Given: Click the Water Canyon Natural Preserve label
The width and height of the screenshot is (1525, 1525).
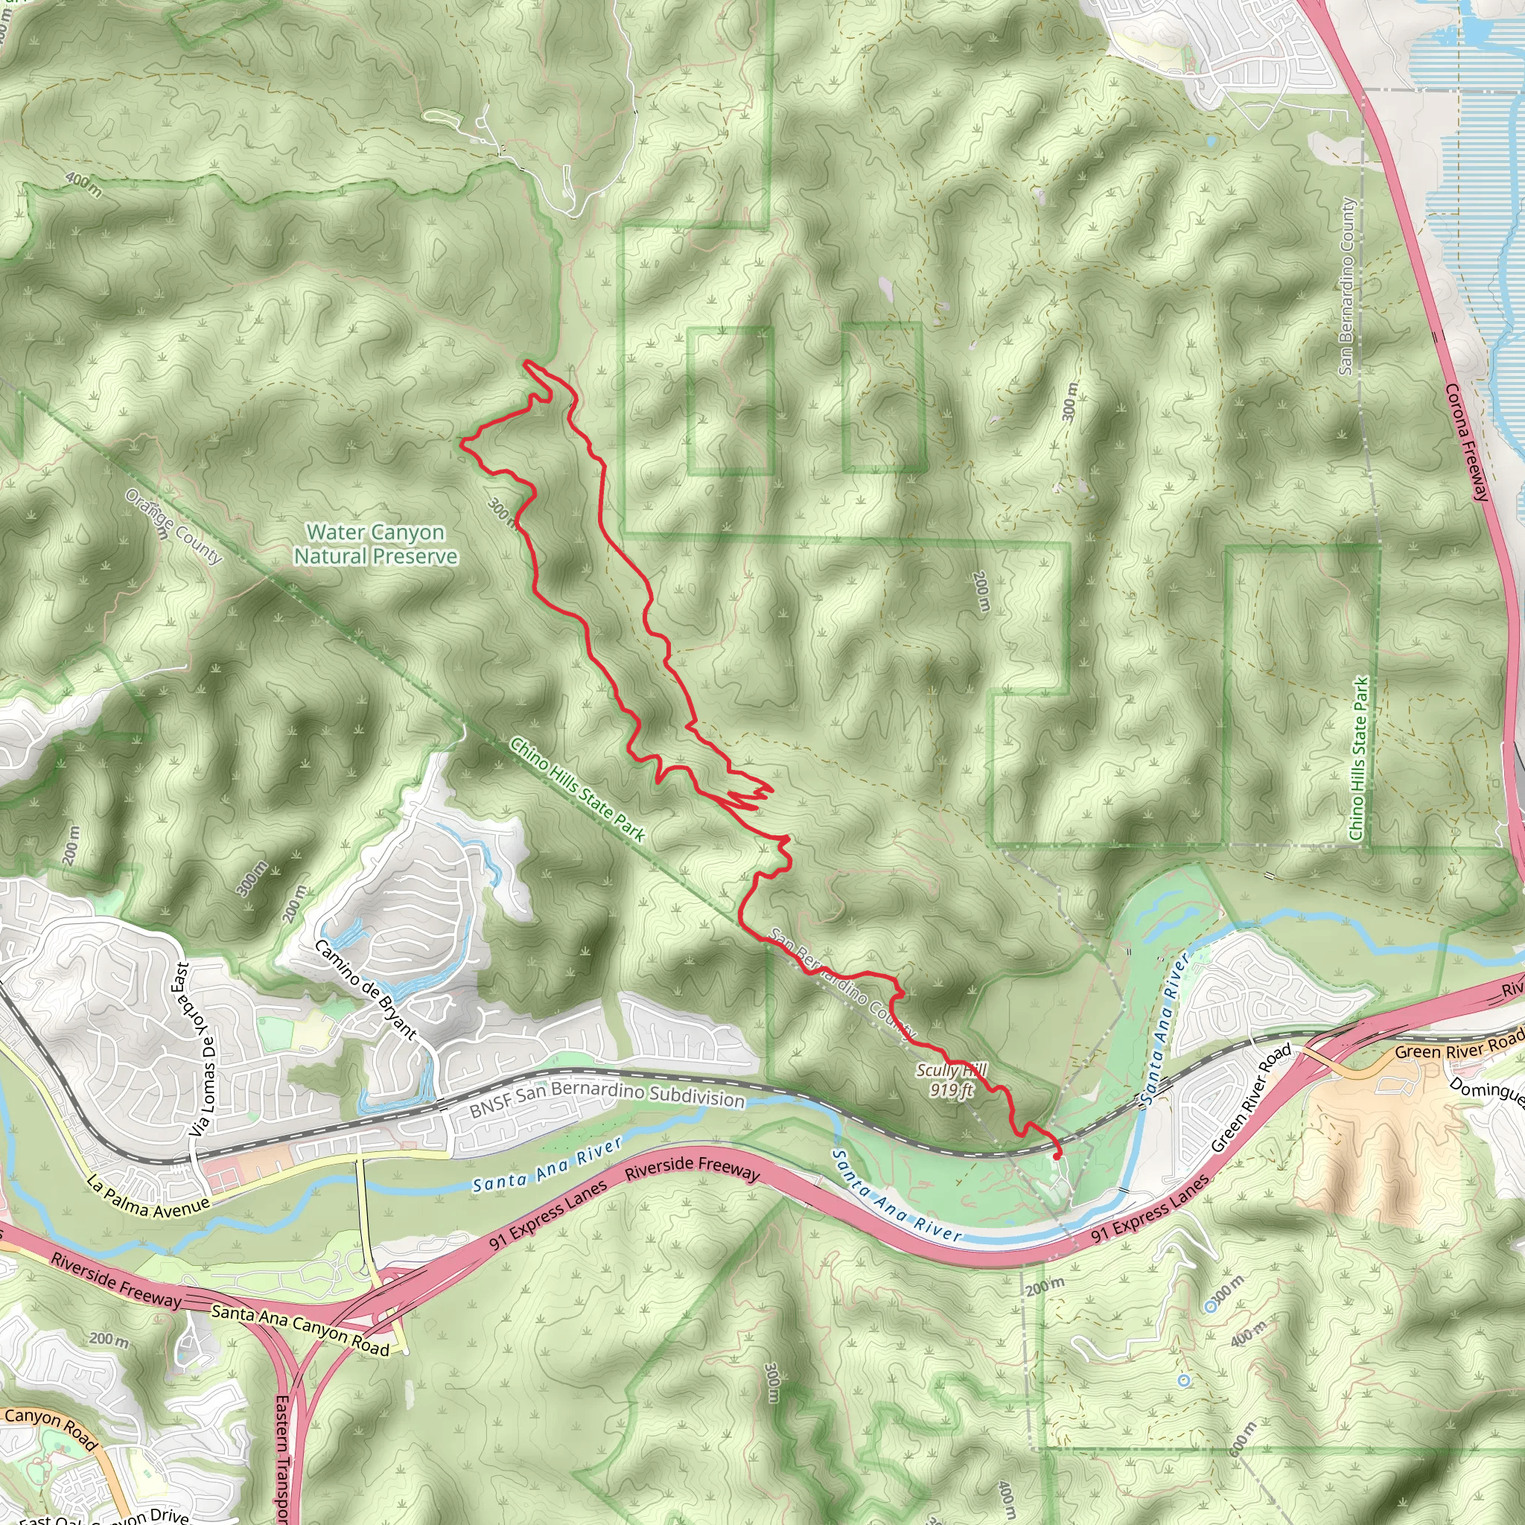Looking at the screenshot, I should (x=376, y=544).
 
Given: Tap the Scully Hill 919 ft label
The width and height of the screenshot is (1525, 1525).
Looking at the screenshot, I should (x=951, y=1080).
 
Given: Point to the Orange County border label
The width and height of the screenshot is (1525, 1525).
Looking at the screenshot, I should (x=173, y=526).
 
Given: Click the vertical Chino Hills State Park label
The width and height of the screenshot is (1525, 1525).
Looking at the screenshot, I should (x=1358, y=759).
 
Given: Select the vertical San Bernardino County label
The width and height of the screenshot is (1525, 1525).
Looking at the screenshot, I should (x=1346, y=286).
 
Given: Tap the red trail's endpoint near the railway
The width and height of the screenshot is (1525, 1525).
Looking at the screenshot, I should (x=1057, y=1157).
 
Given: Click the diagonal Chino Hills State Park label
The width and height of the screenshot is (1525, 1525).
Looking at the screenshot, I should (x=578, y=789).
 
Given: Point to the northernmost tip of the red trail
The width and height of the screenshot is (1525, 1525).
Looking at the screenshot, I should (x=526, y=363).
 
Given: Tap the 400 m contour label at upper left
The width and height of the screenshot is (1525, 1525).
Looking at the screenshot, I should (x=83, y=185).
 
